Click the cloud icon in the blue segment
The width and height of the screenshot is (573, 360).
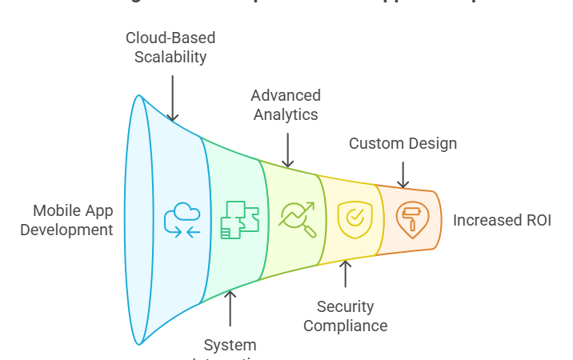(182, 219)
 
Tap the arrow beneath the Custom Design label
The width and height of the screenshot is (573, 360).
(403, 174)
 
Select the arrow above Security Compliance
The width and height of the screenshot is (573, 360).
(346, 273)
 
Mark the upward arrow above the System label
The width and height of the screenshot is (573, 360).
(230, 308)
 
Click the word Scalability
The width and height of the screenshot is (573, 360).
(170, 57)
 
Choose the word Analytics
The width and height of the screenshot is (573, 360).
(286, 114)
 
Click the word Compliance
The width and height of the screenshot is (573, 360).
(346, 326)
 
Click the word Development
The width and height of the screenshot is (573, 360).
(66, 230)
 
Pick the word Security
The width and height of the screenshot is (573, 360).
(346, 306)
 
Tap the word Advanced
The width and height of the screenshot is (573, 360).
(286, 96)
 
